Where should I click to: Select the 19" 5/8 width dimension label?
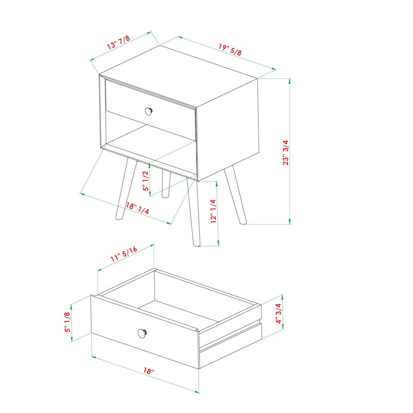pyautogui.click(x=230, y=50)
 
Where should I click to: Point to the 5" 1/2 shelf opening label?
pyautogui.click(x=145, y=181)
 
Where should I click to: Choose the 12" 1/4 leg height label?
pyautogui.click(x=212, y=212)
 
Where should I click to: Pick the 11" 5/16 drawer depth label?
pyautogui.click(x=124, y=254)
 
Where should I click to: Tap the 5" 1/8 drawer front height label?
pyautogui.click(x=67, y=322)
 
